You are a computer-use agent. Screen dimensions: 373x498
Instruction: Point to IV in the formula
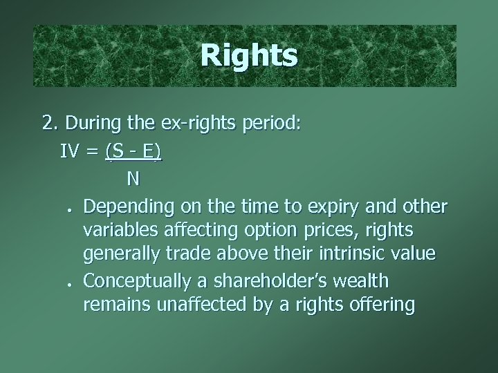click(x=68, y=151)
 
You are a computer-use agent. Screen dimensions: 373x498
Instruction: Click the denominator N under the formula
click(x=133, y=178)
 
